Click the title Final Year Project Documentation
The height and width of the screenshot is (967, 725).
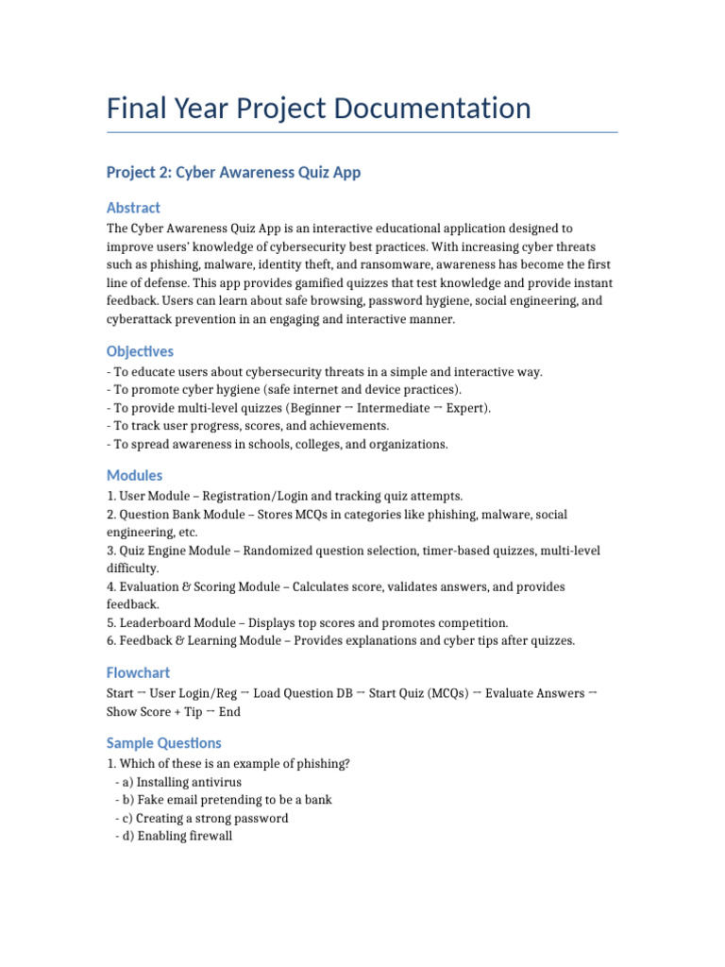[x=319, y=108]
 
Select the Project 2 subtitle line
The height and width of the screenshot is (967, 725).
[x=233, y=172]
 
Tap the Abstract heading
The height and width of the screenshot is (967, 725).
[x=133, y=207]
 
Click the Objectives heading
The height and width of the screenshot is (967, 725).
[x=140, y=351]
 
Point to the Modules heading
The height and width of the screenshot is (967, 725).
[x=134, y=475]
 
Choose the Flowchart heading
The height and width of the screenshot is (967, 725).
[x=138, y=672]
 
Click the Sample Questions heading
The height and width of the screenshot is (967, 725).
[x=164, y=742]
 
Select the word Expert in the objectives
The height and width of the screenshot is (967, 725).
[x=466, y=408]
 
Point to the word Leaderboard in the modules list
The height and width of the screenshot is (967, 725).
[x=156, y=623]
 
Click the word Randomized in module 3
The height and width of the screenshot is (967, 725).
[x=338, y=551]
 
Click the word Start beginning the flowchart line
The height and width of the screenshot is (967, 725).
[x=121, y=693]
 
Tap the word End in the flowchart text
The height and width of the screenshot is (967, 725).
[x=229, y=712]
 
